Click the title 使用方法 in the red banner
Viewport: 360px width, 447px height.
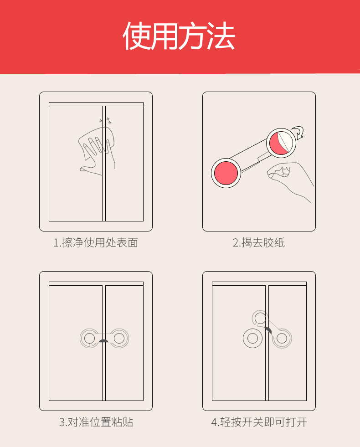(179, 36)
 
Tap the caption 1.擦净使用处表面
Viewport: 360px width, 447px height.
(96, 242)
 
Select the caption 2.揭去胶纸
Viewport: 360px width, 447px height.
(259, 242)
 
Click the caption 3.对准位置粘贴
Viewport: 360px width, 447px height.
(96, 422)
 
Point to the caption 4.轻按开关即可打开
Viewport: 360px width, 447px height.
(259, 422)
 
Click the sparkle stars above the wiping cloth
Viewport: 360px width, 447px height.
(105, 121)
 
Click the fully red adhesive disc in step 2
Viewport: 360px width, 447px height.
(226, 173)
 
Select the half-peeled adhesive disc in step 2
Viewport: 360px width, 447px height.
(281, 143)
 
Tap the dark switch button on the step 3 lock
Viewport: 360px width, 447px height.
(103, 341)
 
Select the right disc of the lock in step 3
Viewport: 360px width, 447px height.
(119, 339)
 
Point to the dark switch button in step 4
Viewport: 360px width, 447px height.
(268, 330)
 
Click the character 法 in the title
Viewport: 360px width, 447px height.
(221, 36)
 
